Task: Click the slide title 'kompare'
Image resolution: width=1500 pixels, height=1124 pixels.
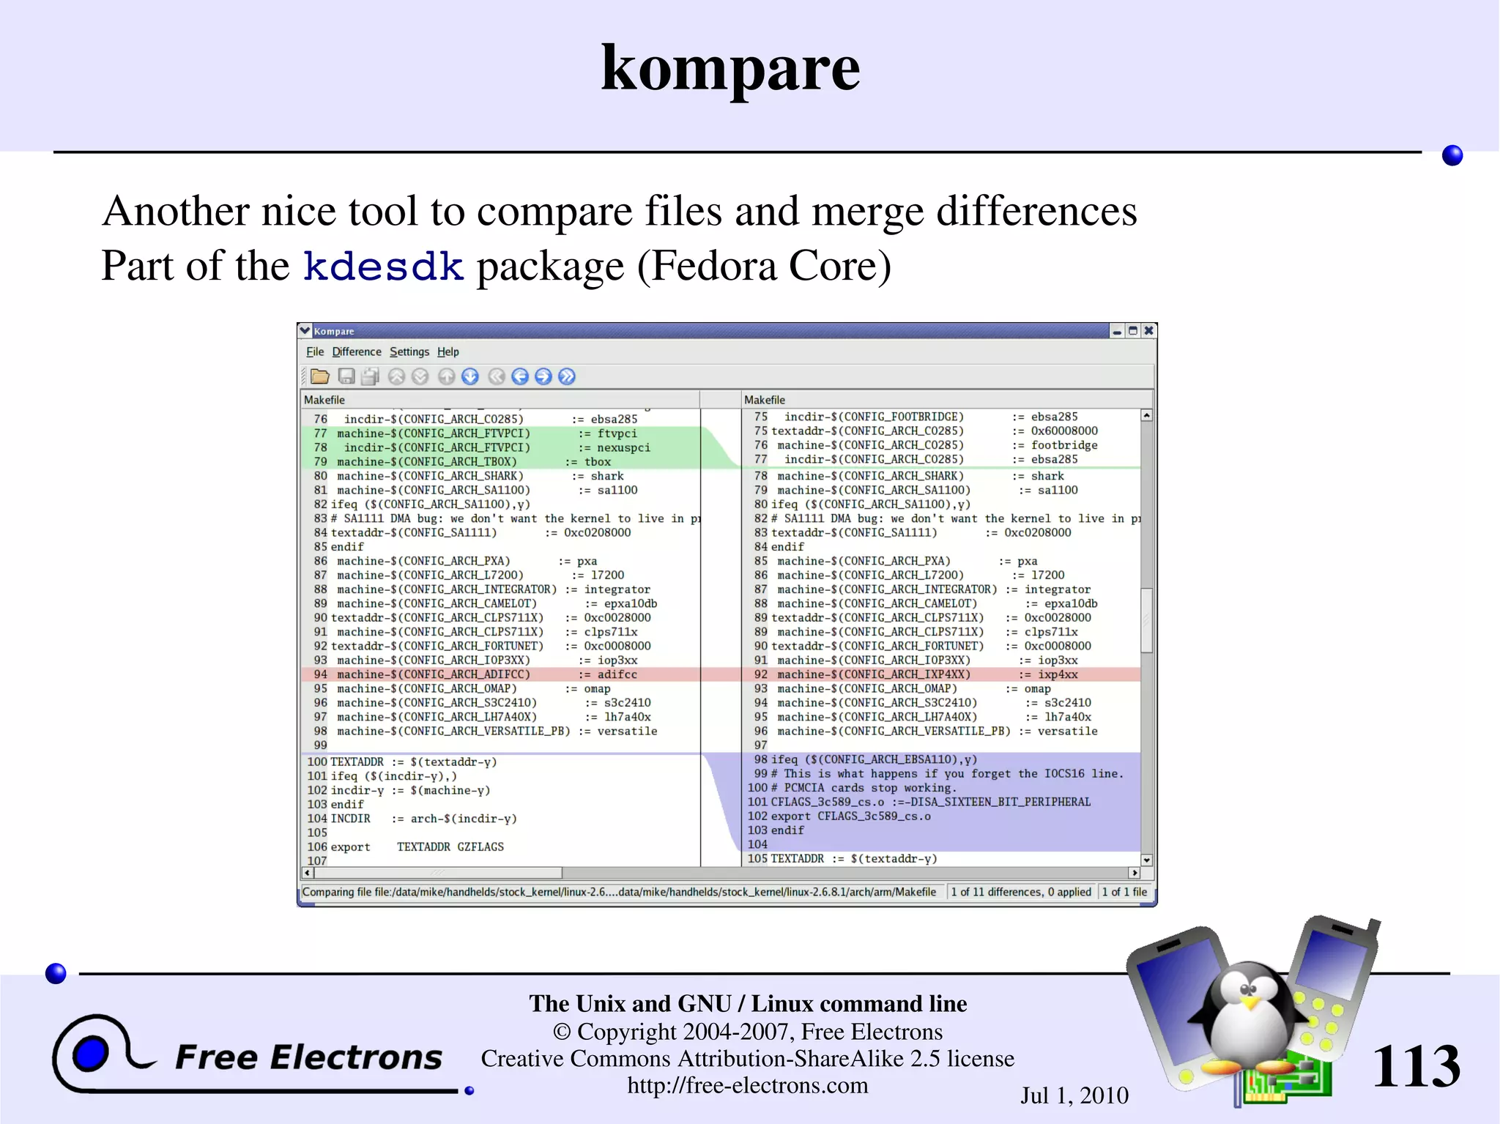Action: click(730, 68)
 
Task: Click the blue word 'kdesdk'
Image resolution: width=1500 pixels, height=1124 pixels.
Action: click(383, 266)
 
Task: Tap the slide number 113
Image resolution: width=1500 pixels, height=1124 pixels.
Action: click(1416, 1065)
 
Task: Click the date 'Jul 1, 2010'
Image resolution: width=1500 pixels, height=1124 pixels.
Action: click(1074, 1095)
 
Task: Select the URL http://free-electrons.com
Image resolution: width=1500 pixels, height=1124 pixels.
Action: click(747, 1085)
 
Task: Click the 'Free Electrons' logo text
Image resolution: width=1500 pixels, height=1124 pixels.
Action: click(308, 1057)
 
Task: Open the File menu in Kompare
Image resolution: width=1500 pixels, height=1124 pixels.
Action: click(314, 352)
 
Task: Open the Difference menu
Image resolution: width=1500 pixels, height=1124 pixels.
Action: click(357, 352)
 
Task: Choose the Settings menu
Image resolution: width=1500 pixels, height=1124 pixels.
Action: click(409, 352)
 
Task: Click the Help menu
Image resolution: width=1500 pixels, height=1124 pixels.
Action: click(448, 352)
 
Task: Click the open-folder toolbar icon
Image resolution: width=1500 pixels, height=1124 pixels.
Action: click(320, 376)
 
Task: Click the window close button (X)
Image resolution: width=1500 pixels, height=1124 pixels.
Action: click(1149, 331)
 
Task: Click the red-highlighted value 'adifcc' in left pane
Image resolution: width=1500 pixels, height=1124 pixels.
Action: click(617, 674)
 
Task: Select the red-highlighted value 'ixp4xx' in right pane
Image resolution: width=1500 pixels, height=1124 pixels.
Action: click(1058, 674)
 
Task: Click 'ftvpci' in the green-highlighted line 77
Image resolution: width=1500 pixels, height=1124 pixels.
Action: click(617, 433)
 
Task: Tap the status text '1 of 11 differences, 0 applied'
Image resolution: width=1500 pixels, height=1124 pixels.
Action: click(1021, 892)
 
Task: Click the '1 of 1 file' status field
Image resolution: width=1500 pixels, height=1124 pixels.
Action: click(1124, 892)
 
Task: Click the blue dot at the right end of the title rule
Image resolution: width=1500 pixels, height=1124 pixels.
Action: click(1452, 155)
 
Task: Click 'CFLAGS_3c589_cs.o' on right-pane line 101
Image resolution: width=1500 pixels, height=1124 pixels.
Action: click(828, 802)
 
